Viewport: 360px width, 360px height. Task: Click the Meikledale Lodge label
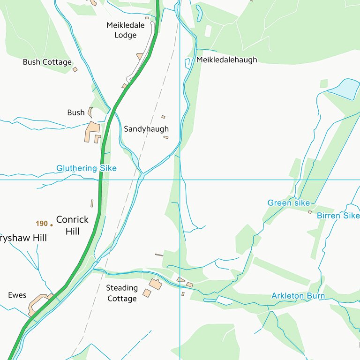[125, 30]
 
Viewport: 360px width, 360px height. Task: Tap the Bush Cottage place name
[47, 62]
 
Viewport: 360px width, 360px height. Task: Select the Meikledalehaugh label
[227, 60]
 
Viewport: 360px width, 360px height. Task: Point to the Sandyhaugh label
[146, 129]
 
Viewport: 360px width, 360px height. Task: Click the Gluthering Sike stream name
[87, 168]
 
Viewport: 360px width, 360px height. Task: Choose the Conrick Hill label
[72, 225]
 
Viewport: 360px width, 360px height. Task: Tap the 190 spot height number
[42, 224]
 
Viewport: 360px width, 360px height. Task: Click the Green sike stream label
[289, 203]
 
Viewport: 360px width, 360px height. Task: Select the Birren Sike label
[338, 216]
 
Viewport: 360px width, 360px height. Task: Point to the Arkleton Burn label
[298, 296]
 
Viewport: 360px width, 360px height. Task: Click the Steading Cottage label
[122, 293]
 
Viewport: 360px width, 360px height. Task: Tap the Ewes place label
[17, 295]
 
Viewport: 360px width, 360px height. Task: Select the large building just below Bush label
[92, 131]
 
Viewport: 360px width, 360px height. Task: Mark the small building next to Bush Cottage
[75, 69]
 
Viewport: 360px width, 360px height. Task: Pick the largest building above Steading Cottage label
[155, 284]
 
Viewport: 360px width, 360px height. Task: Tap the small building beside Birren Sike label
[310, 212]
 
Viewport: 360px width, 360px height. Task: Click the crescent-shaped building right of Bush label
[90, 112]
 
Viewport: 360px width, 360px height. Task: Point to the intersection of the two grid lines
[180, 180]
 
